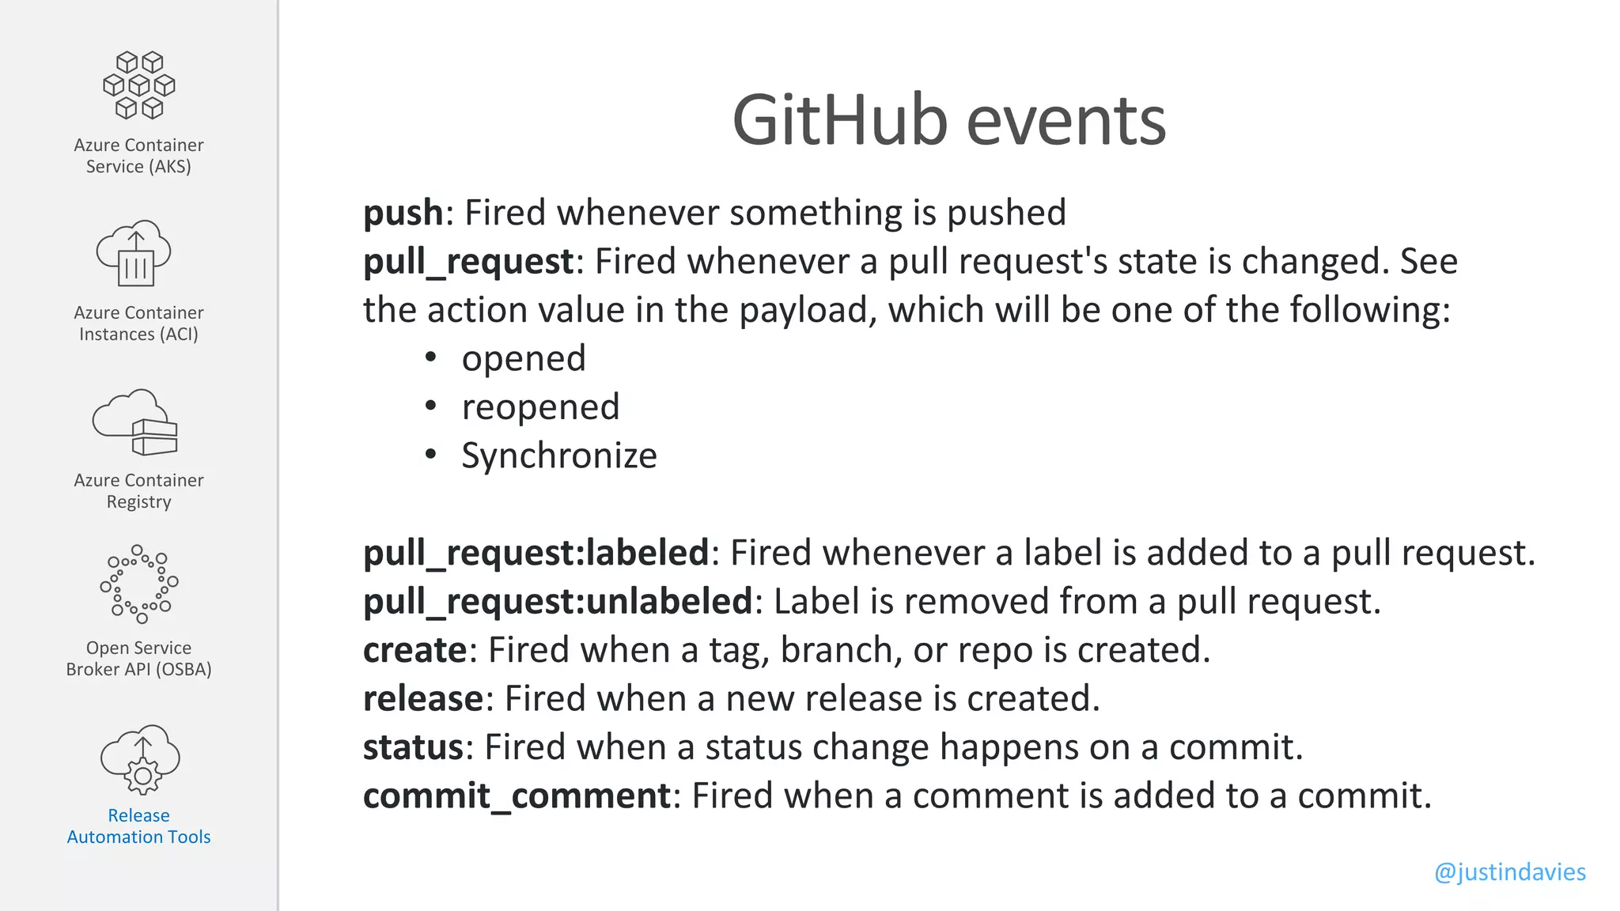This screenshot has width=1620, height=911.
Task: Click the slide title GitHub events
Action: [948, 121]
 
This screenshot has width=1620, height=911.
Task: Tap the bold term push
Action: [403, 213]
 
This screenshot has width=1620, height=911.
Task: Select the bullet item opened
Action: [524, 358]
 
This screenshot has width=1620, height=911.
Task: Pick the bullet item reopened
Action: [540, 407]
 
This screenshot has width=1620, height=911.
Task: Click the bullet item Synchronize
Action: [558, 455]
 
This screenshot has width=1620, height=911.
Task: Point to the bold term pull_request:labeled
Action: [536, 553]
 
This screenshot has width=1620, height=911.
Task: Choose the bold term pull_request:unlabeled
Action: [557, 602]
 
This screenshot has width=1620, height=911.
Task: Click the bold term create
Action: [414, 650]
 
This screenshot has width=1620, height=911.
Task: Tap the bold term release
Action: [422, 699]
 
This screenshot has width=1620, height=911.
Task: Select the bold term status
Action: [413, 747]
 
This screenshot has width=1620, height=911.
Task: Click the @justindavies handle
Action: [1509, 871]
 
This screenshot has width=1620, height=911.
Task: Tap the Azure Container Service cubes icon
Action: [139, 85]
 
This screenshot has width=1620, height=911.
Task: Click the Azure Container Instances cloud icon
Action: [134, 253]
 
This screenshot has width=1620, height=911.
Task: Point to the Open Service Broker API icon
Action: [139, 584]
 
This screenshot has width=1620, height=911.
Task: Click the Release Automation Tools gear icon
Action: [141, 760]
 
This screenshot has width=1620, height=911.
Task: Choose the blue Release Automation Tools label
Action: [138, 826]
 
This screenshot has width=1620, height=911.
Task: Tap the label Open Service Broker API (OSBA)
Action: [138, 659]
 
